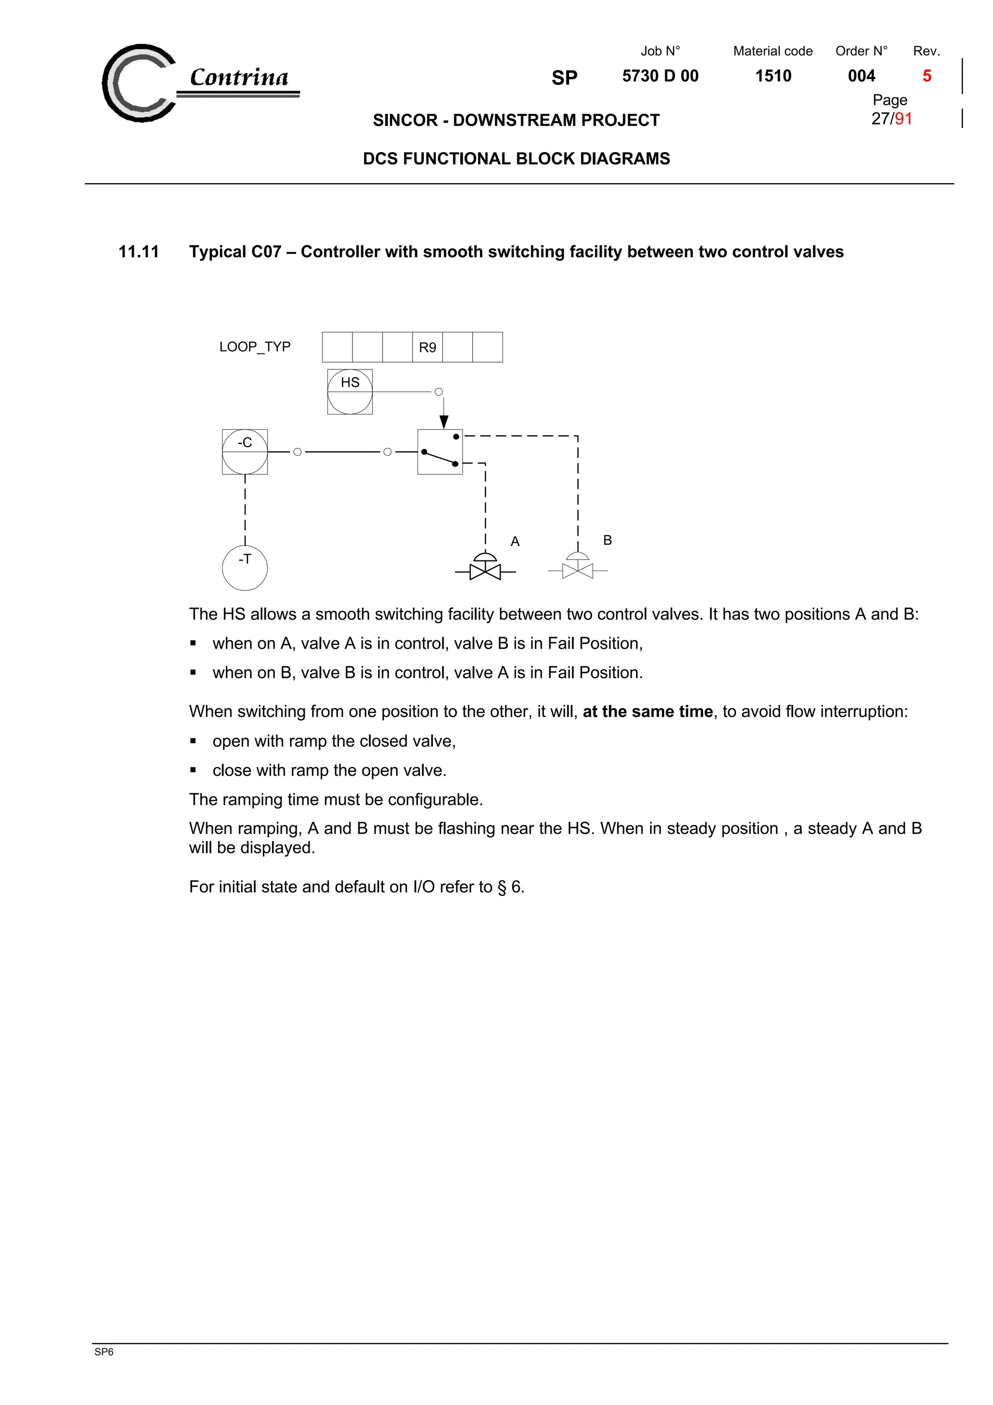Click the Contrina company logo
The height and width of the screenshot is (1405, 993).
point(199,82)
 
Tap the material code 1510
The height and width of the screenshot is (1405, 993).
point(773,76)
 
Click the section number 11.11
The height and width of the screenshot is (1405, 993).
point(138,252)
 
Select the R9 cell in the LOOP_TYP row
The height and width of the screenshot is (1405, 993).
point(427,348)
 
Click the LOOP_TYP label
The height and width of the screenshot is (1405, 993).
point(255,347)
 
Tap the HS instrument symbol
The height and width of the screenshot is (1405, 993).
point(350,392)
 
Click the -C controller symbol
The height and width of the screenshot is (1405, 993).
point(245,452)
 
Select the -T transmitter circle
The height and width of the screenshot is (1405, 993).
point(245,568)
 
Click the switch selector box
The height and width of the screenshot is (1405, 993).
point(440,452)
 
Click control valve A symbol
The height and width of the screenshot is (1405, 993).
point(485,567)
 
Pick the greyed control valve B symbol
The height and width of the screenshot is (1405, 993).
point(577,566)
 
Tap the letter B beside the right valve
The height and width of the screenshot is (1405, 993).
point(607,540)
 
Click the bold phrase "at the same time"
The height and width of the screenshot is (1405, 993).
point(647,711)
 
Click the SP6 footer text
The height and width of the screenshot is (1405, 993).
point(104,1352)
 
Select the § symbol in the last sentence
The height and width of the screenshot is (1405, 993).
point(502,887)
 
